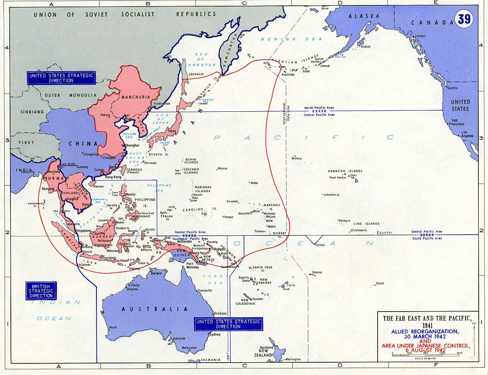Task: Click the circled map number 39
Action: coord(464,19)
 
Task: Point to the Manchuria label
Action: coord(133,97)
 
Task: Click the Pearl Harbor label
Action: coord(337,177)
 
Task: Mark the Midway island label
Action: coord(297,159)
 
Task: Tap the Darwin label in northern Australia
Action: coord(156,273)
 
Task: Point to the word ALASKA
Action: coord(364,16)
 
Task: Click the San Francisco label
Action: coord(456,122)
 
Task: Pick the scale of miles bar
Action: coord(425,353)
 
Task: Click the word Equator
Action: coord(384,233)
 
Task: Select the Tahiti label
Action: coord(380,283)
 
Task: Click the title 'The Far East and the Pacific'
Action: coord(427,319)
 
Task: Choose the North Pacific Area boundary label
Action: coord(319,107)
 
